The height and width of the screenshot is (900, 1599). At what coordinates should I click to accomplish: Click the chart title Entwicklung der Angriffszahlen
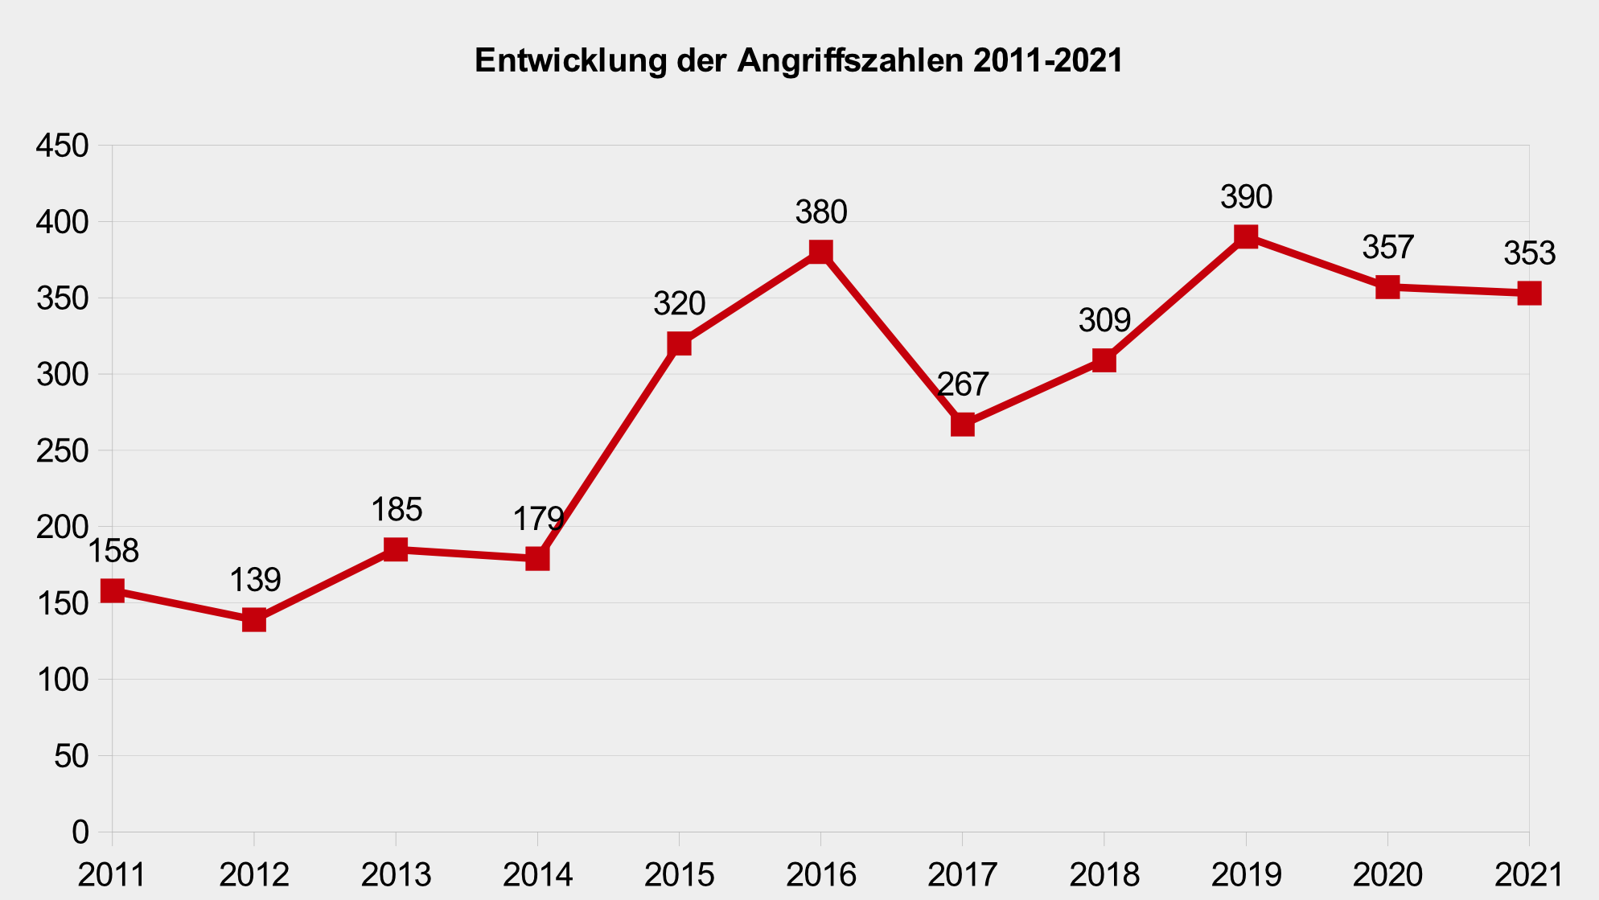point(798,61)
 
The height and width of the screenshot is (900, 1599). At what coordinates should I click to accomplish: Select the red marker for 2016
point(820,252)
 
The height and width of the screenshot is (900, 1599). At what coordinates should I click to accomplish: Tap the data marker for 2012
point(254,619)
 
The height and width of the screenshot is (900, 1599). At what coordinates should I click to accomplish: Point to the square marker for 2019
point(1246,236)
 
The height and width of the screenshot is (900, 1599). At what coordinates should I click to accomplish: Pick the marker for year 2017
point(963,424)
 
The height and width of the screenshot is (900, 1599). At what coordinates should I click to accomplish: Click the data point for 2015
point(679,343)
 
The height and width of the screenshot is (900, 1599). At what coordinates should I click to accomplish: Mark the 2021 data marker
point(1528,293)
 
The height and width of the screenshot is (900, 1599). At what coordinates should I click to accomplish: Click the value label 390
point(1246,197)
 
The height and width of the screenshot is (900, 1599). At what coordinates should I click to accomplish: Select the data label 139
point(255,580)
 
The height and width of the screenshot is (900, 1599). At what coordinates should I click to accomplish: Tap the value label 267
point(963,384)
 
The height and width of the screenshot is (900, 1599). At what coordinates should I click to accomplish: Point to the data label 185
point(397,510)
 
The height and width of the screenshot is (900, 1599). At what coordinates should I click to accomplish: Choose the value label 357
point(1387,248)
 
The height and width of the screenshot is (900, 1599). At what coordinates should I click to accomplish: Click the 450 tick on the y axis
point(62,146)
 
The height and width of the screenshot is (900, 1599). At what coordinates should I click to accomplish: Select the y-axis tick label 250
point(62,451)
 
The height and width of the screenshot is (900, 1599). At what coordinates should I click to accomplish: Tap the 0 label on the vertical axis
point(80,832)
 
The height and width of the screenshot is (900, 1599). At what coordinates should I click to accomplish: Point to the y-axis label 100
point(62,680)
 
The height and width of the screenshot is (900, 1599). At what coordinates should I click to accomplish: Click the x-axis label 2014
point(537,875)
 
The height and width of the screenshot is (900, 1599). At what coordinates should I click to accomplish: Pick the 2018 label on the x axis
point(1104,875)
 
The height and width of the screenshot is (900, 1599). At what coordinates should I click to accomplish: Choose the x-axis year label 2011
point(112,875)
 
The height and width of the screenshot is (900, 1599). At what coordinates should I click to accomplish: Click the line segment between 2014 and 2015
point(608,451)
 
